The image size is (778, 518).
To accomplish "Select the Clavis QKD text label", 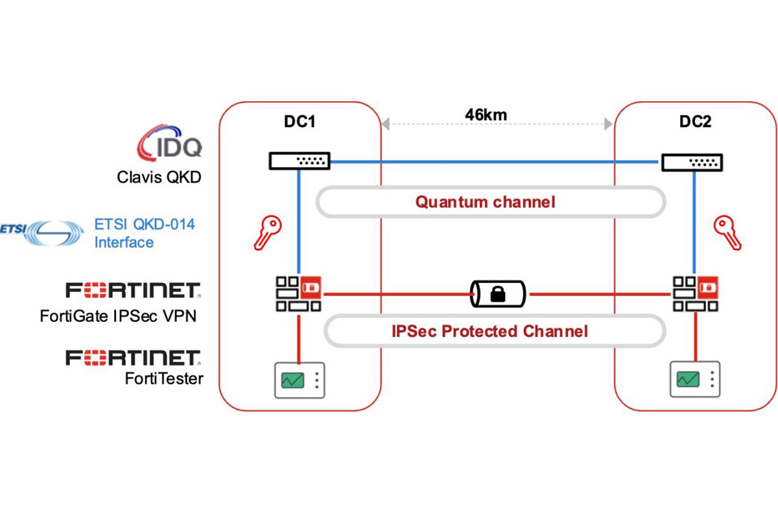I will click(159, 177).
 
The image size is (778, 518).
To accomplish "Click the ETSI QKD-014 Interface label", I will click(145, 234).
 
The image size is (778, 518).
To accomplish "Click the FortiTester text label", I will click(164, 379).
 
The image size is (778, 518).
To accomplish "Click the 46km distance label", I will click(486, 115).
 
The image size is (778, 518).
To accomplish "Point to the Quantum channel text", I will click(486, 202).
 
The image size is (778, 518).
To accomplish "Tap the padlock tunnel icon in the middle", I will click(497, 295).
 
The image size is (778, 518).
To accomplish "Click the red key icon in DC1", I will click(266, 233).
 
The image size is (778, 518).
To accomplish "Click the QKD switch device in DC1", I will click(300, 161).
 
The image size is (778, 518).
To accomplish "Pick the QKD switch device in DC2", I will click(692, 161).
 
